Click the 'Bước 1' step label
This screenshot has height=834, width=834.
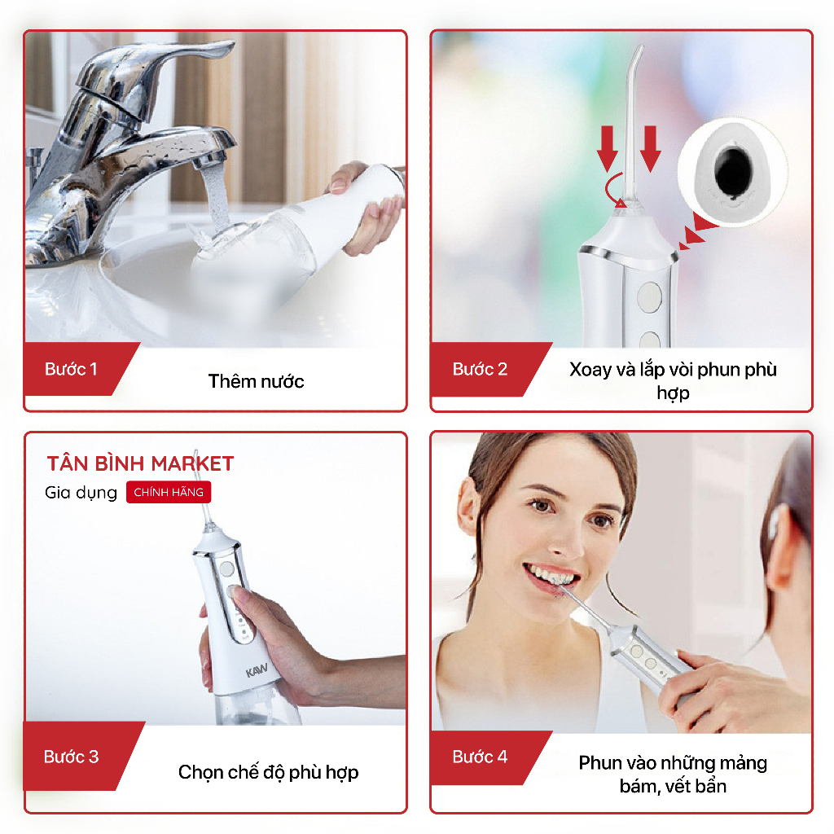click(x=71, y=369)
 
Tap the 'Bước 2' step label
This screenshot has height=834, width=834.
click(x=480, y=369)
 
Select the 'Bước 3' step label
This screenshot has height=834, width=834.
click(x=72, y=757)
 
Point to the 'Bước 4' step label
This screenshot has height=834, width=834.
click(x=480, y=757)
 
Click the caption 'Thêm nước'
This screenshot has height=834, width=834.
click(x=256, y=381)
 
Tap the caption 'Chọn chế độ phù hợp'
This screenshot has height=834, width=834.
click(x=268, y=772)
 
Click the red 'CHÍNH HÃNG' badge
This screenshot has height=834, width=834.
click(x=169, y=492)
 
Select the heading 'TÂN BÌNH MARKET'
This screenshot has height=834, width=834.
click(x=140, y=463)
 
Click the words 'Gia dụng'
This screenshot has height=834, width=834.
click(x=81, y=493)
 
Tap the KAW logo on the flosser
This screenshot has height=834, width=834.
click(x=257, y=670)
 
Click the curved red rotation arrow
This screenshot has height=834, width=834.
click(x=612, y=190)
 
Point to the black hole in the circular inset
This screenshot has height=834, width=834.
click(x=733, y=169)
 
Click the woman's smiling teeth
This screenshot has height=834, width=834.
click(x=550, y=576)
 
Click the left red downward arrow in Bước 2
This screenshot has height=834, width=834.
click(x=608, y=149)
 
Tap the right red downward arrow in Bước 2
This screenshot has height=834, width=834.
click(x=651, y=149)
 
